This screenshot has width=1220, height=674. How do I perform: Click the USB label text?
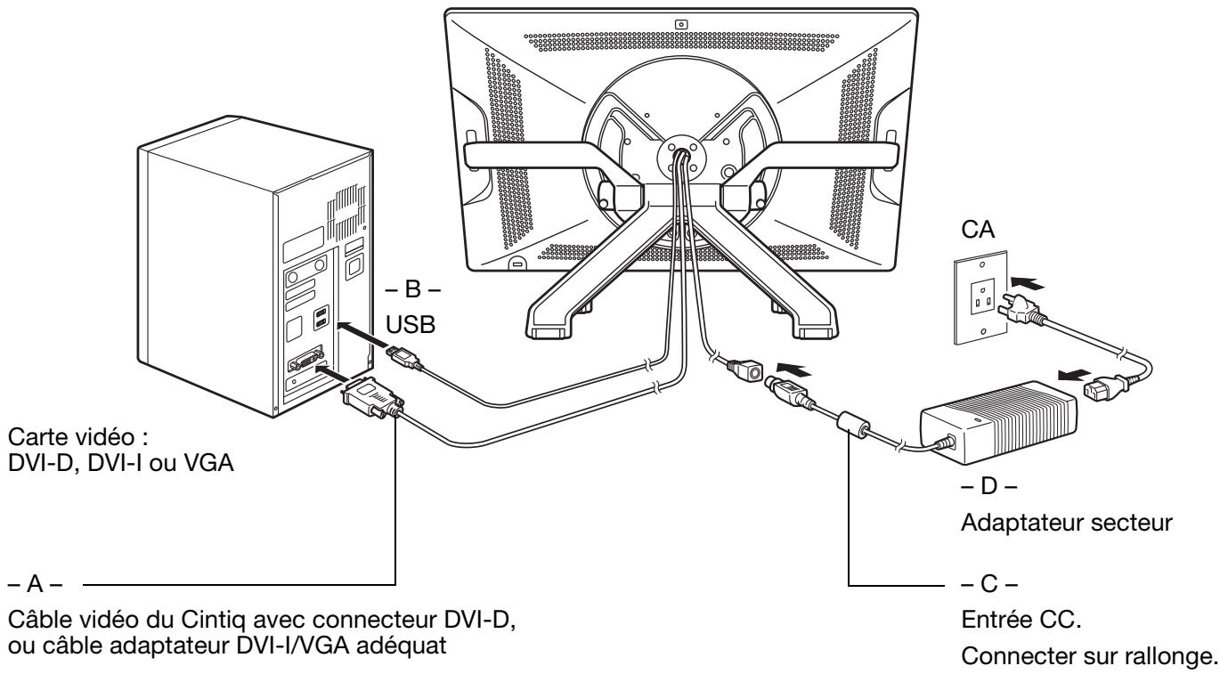coord(411,324)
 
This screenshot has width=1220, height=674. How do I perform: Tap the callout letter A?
coord(35,584)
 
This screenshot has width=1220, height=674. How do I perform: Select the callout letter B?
coord(412,289)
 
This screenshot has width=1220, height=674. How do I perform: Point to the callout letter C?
coord(988,584)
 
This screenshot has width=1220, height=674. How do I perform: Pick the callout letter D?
coord(988,486)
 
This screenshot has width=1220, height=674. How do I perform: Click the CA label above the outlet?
coord(978,229)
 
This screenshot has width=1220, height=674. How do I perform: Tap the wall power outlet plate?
coord(981,297)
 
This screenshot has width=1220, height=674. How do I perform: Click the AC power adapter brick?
coord(998,422)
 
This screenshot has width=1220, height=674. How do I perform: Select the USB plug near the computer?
coord(403,357)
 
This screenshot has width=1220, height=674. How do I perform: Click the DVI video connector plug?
coord(372,398)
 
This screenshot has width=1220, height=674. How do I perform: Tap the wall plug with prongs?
coord(1022,312)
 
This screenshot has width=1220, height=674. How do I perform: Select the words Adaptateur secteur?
coord(1066,523)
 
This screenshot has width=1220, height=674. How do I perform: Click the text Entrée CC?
coord(1021,620)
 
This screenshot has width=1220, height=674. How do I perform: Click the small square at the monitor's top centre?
coord(681,25)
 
